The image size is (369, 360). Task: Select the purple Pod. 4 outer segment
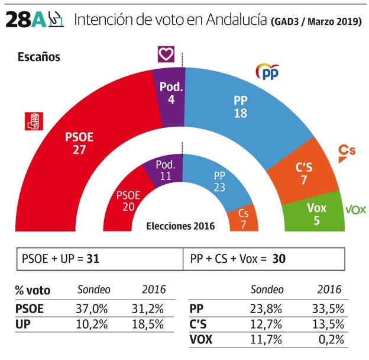coord(171,94)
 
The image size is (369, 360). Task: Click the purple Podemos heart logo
coord(166,54)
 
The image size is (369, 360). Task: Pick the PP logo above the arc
coord(267,72)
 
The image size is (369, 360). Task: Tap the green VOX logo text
coord(355,210)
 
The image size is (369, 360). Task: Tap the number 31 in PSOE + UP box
coord(93,259)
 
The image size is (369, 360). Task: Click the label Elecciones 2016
coord(180,226)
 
